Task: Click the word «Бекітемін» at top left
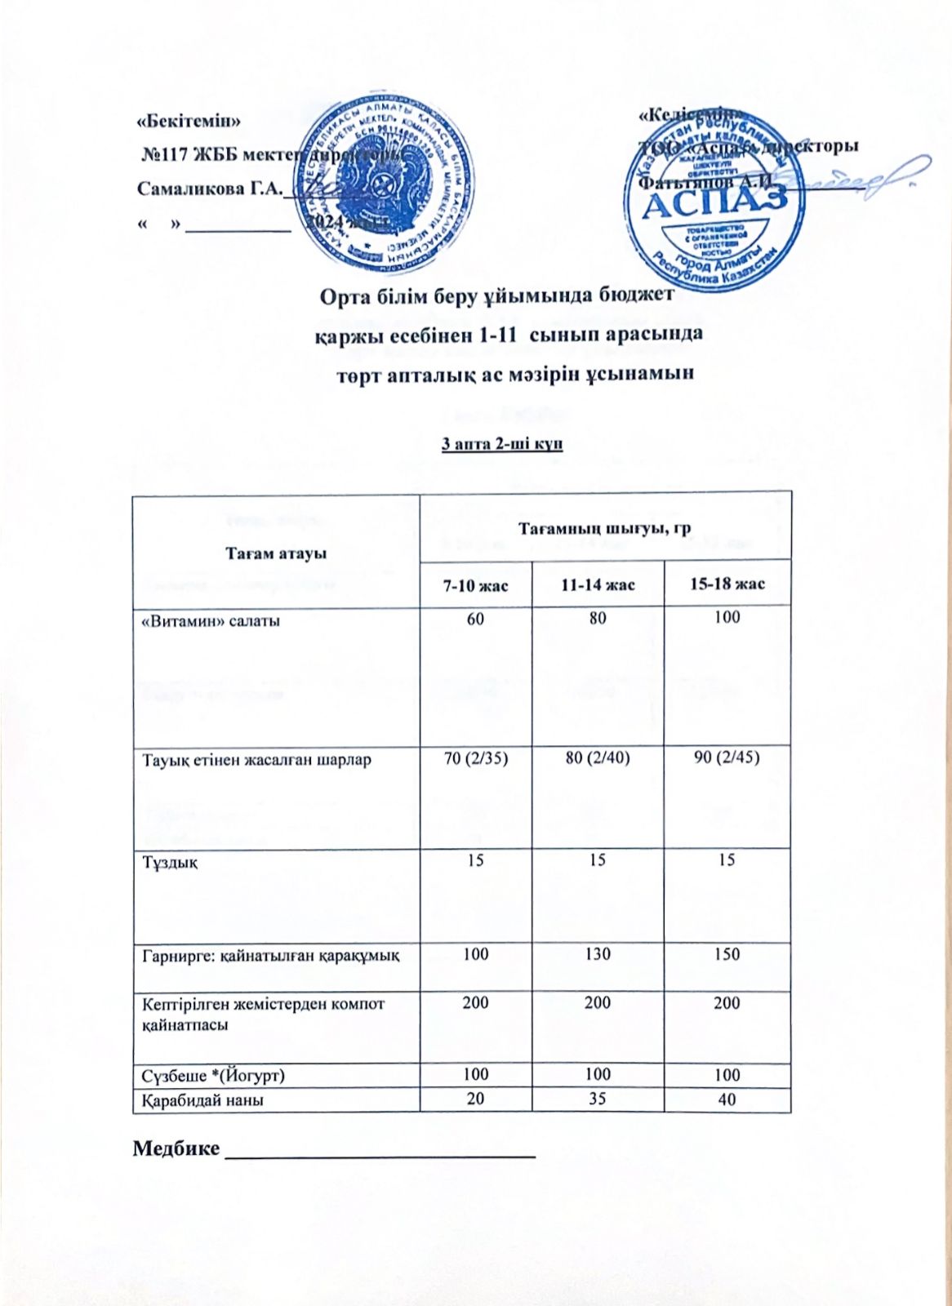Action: (189, 120)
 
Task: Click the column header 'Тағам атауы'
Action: (276, 553)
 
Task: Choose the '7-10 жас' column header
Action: (475, 584)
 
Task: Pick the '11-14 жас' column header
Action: (598, 584)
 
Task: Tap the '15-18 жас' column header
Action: (727, 584)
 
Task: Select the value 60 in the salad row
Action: (475, 619)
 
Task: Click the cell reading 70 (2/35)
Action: (475, 758)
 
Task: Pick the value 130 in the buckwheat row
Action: (598, 953)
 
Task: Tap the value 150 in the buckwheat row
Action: (727, 953)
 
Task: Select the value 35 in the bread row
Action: (598, 1099)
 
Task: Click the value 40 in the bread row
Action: (727, 1099)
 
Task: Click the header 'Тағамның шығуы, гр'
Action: (605, 529)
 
